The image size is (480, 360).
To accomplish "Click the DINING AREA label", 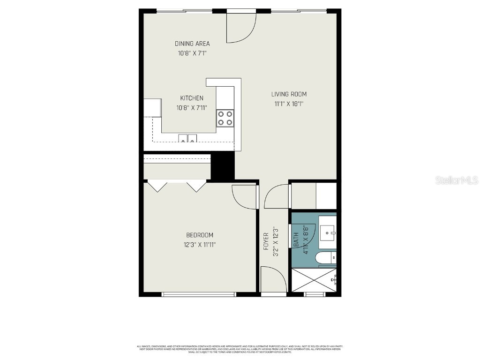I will pos(192,44).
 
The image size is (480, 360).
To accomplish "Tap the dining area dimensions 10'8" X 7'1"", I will pos(192,53).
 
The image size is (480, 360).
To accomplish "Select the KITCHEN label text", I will pos(192,98).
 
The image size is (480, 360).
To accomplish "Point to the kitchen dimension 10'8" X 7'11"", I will pos(192,108).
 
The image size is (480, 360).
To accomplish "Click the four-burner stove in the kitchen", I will pos(225,118).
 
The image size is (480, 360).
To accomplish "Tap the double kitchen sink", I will pos(187,138).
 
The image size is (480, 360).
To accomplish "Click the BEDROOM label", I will pos(200,235).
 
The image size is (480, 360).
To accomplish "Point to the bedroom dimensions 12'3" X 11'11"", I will pos(200,244).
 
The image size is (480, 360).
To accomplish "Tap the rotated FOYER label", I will pos(266,241).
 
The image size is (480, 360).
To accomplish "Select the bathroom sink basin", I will pos(328,231).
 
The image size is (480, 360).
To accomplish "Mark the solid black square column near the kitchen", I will pos(223,166).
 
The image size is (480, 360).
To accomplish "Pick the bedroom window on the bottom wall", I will pos(198,294).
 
